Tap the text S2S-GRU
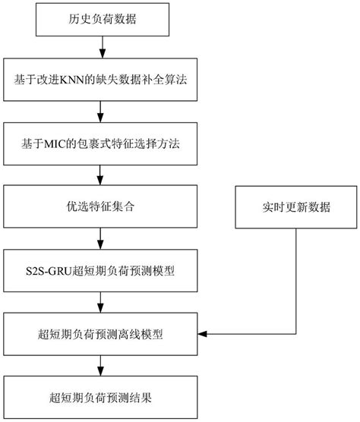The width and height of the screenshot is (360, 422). point(57,269)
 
